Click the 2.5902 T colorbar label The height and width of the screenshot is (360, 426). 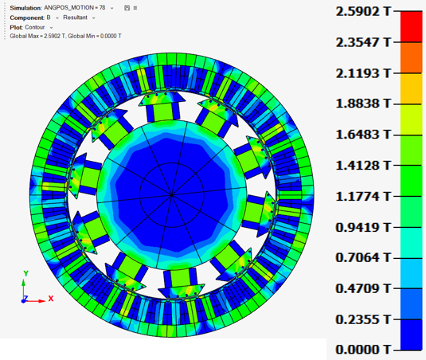click(363, 12)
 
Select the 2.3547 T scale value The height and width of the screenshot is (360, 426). click(363, 42)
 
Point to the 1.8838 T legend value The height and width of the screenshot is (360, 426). click(363, 104)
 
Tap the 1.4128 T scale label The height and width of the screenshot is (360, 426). click(363, 166)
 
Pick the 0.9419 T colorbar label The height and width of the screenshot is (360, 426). click(363, 227)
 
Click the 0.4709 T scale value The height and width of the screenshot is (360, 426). click(363, 288)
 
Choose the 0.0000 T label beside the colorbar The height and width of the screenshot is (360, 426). click(363, 350)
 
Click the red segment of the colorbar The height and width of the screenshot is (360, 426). click(412, 27)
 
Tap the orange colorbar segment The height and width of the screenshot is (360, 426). click(412, 57)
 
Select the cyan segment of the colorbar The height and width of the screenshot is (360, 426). click(412, 243)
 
